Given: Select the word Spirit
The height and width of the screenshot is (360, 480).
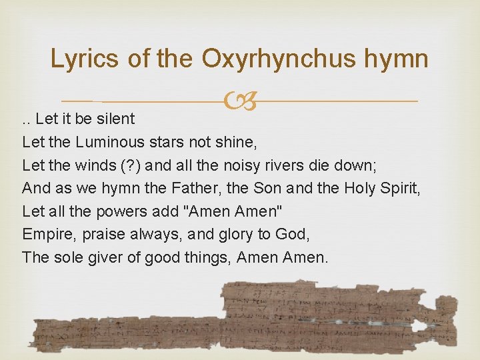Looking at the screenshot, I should (399, 188).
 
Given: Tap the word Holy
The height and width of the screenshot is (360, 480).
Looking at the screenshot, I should (359, 188).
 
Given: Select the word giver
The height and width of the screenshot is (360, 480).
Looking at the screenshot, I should (105, 257).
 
